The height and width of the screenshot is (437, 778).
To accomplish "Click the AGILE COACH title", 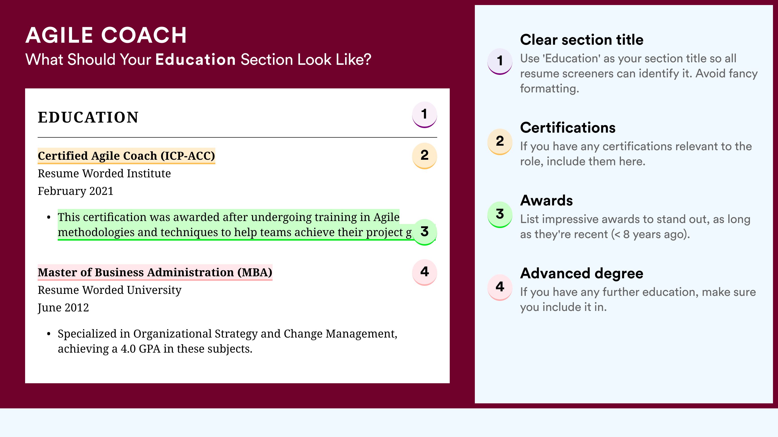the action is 106,35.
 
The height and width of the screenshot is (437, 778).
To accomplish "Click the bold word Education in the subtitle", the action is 196,59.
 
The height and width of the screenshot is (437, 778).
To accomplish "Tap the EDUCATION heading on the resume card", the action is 88,117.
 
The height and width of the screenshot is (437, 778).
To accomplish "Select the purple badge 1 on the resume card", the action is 424,115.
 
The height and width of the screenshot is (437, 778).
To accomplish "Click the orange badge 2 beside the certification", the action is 424,156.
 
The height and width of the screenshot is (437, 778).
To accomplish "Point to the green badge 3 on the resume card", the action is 424,232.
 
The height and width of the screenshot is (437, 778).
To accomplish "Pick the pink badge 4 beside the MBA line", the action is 424,272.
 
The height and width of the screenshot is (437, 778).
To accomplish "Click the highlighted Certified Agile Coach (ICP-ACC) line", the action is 126,156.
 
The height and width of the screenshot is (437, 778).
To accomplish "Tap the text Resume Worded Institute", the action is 104,174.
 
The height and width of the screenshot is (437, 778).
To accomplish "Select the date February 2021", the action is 76,191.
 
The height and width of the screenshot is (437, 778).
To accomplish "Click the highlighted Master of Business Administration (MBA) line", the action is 155,272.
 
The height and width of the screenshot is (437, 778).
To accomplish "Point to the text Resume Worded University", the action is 109,290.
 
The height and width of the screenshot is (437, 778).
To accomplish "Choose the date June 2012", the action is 63,308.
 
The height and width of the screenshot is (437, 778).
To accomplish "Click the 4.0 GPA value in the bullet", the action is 141,349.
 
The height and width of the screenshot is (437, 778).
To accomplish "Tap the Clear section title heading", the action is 582,40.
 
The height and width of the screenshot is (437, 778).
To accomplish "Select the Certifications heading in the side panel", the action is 568,128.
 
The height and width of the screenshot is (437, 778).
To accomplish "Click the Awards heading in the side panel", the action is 546,200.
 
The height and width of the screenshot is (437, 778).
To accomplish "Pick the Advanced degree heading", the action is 582,274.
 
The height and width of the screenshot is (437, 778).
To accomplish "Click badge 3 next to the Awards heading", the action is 500,214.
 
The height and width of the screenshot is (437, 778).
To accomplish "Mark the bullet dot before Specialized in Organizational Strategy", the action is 49,334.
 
